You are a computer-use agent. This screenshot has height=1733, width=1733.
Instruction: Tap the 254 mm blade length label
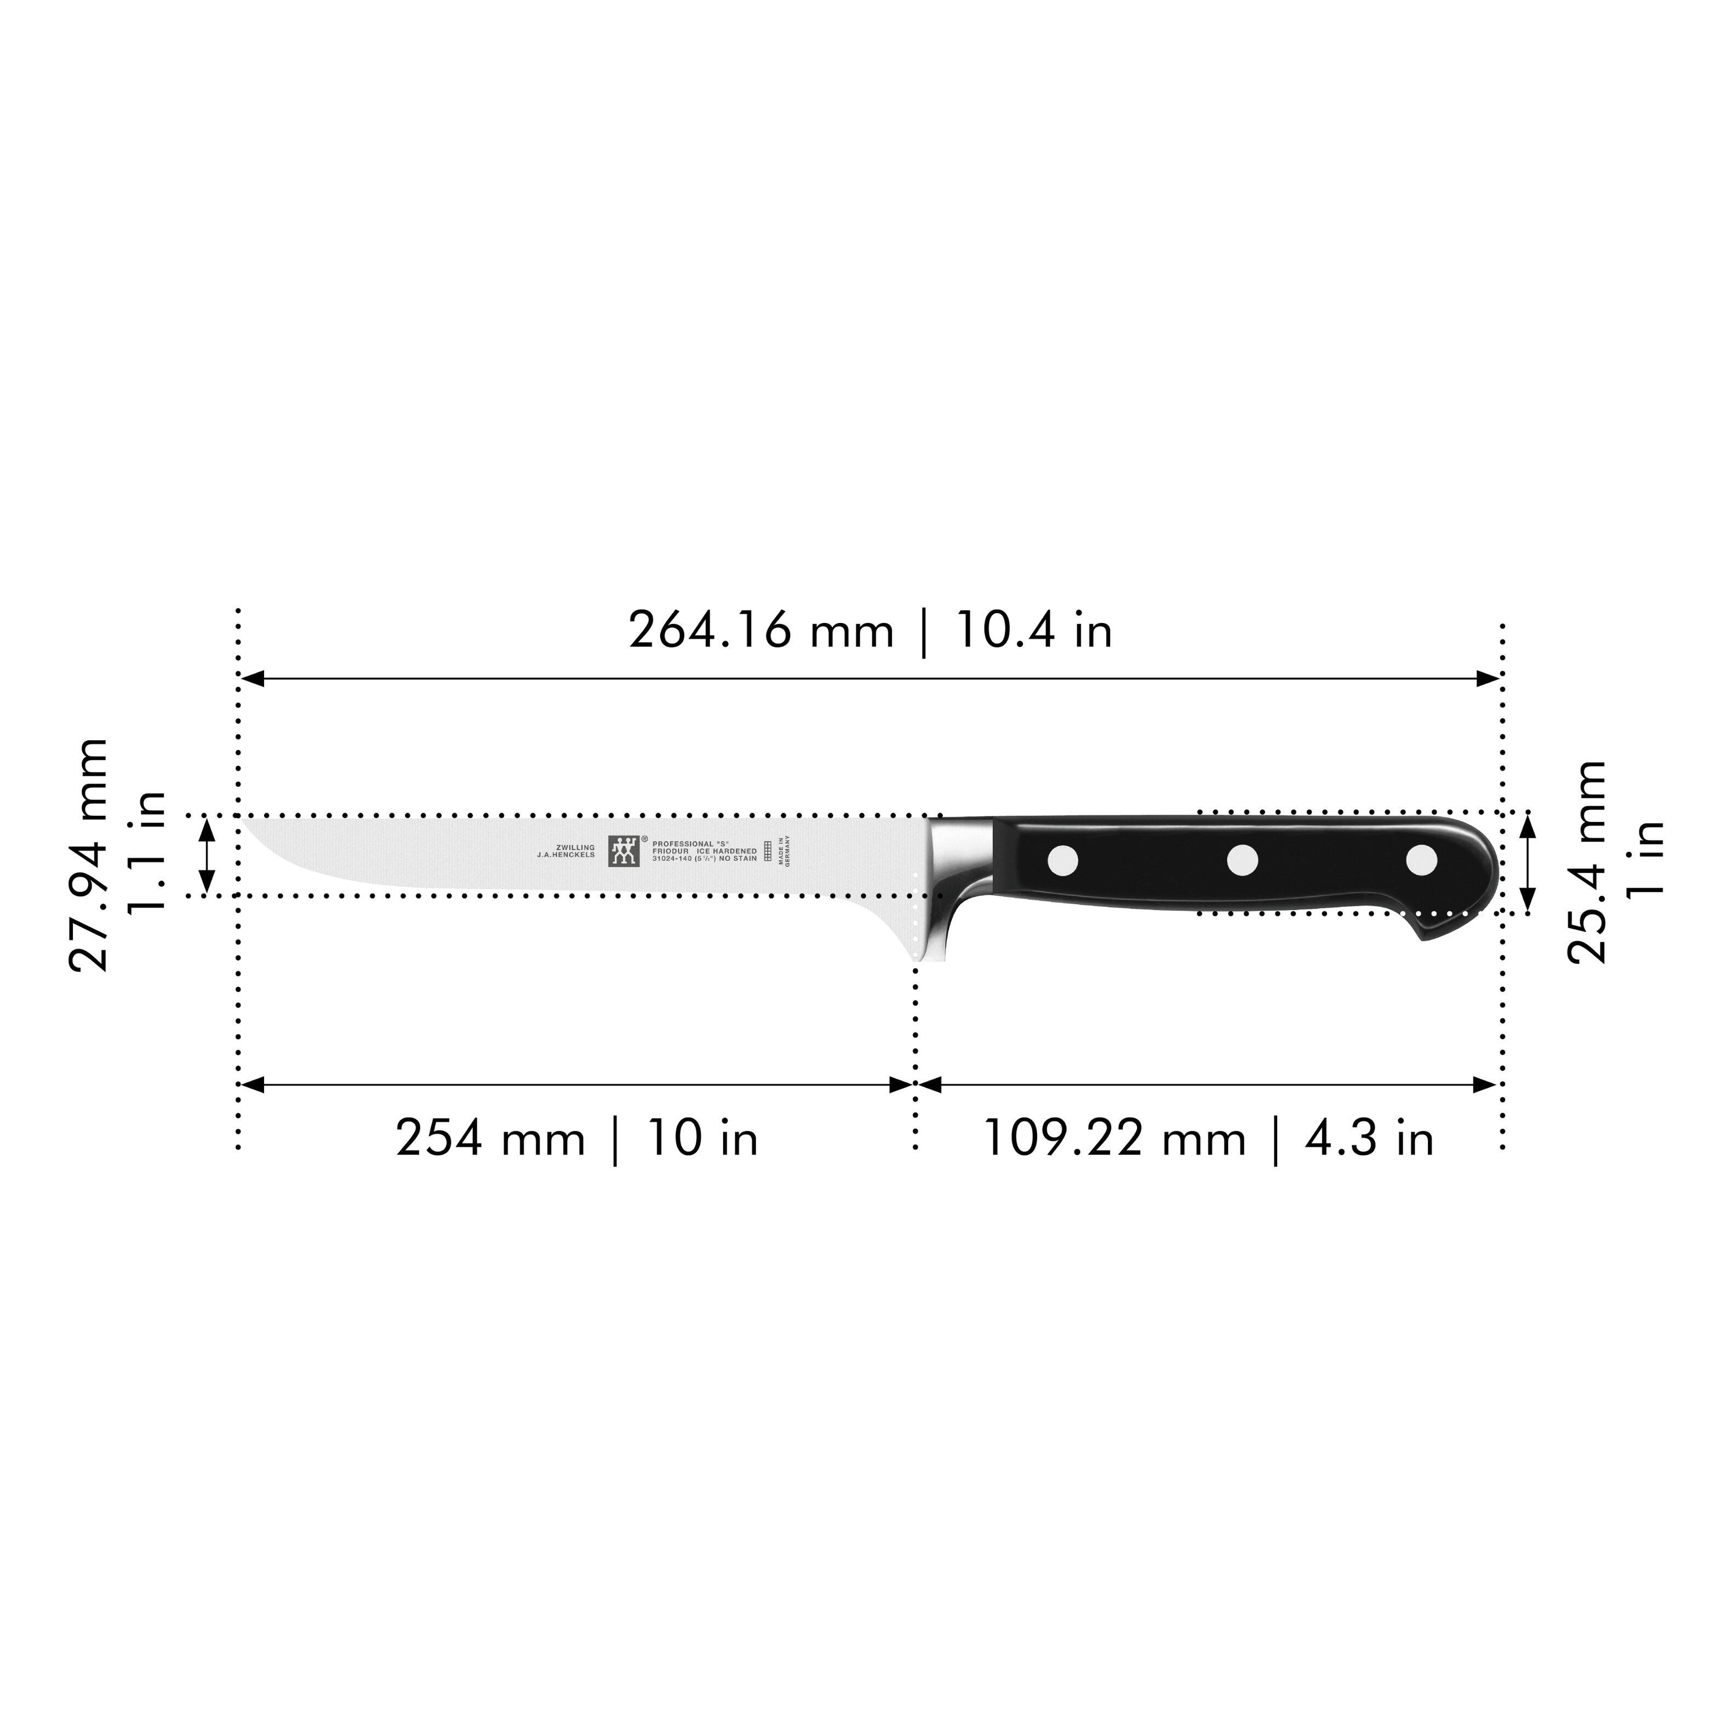pyautogui.click(x=490, y=1139)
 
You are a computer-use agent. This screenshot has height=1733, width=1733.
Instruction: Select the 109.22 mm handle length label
pyautogui.click(x=1114, y=1139)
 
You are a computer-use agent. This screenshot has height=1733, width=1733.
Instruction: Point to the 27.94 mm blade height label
pyautogui.click(x=88, y=855)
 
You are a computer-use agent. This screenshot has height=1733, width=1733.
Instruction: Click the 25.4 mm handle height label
pyautogui.click(x=1586, y=861)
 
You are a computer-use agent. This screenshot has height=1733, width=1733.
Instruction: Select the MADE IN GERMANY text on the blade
pyautogui.click(x=784, y=850)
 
